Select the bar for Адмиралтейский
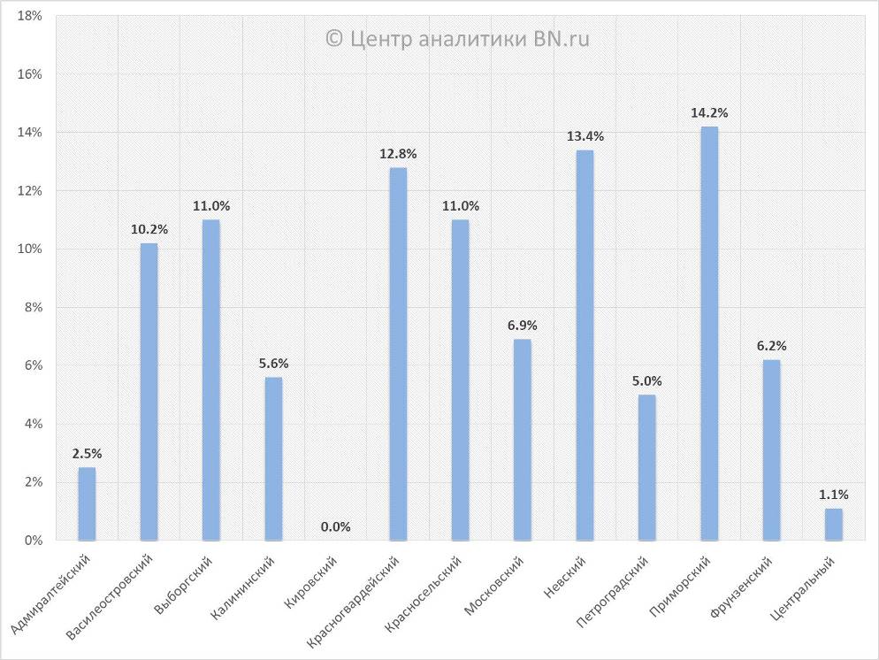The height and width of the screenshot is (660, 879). [87, 503]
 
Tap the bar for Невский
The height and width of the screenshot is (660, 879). [585, 345]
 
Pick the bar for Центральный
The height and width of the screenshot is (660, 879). [834, 524]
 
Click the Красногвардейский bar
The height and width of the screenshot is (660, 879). [398, 354]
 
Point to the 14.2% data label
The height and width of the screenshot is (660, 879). [709, 113]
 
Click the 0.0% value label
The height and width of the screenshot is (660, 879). [336, 526]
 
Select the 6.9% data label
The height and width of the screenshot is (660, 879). [523, 326]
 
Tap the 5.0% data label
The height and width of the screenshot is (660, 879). [647, 381]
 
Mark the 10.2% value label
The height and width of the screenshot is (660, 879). [149, 229]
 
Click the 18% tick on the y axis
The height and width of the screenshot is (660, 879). [30, 16]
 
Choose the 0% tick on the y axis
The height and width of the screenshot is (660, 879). [33, 540]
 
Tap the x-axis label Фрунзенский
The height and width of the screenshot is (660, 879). [742, 587]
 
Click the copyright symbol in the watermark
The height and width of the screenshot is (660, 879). [334, 39]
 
